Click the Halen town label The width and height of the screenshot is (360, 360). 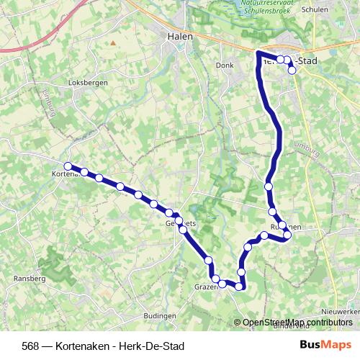coord(178,36)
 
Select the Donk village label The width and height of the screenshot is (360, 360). coord(225,65)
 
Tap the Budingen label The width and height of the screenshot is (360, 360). coord(160,316)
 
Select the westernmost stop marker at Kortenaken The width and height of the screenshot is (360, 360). coord(68,166)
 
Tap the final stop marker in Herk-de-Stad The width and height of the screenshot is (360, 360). coord(292,70)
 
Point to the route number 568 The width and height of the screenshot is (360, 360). coord(31,346)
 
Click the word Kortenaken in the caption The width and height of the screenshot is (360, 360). coord(81,346)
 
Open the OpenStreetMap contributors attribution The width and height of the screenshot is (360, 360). coord(297,323)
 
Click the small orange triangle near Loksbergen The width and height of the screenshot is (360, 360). coord(113,42)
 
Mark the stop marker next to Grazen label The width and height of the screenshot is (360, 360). coord(215,278)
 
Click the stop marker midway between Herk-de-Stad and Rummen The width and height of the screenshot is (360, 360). coord(269,186)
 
